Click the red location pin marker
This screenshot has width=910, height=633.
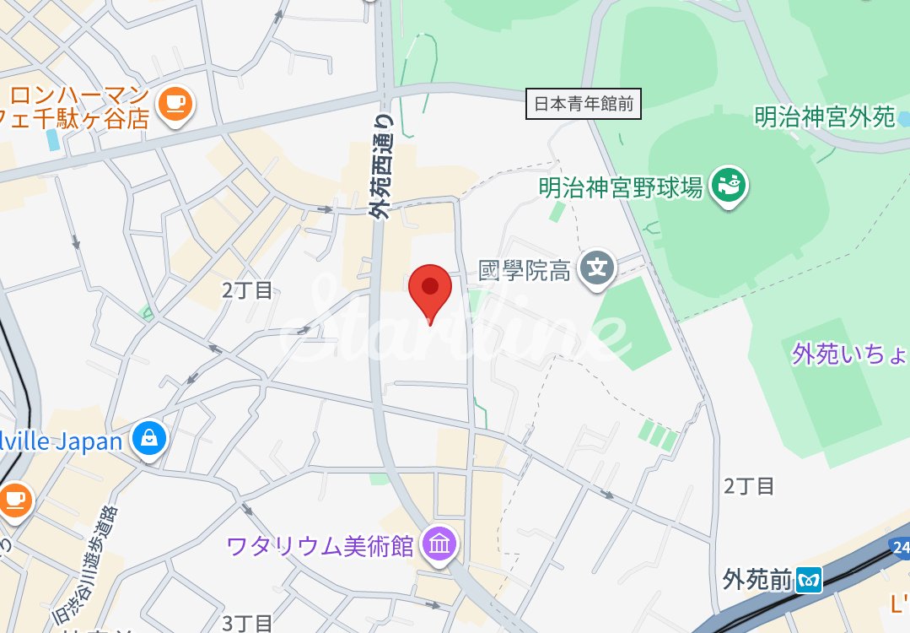tap(430, 291)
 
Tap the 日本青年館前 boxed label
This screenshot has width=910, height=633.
tap(584, 105)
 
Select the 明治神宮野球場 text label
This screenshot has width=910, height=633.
tap(622, 187)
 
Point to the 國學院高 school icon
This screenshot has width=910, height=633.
tap(598, 270)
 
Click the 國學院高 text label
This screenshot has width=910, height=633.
tap(525, 271)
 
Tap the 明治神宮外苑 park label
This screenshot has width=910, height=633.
tap(824, 116)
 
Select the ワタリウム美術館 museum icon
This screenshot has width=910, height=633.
tap(439, 545)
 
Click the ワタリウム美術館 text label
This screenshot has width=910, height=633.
tap(320, 546)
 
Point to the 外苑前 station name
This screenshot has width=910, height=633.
tap(757, 581)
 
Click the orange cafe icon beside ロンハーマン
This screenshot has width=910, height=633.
tap(176, 105)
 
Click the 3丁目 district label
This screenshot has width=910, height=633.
tap(248, 623)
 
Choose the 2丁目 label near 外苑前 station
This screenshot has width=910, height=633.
tap(749, 486)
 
